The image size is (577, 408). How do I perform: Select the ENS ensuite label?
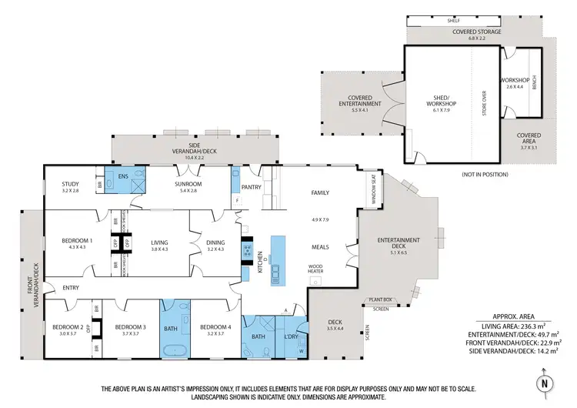[122, 176]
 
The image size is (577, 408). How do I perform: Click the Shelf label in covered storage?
[463, 22]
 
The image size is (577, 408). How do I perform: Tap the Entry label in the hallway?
[71, 288]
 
